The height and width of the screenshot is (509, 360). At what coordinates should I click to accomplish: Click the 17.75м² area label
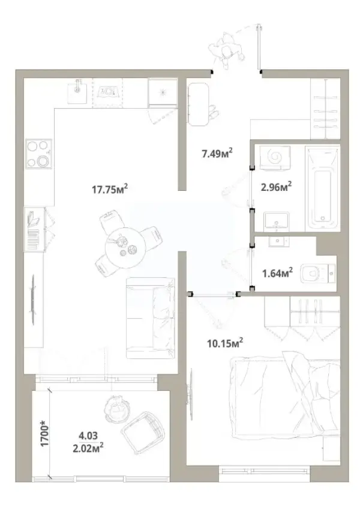pos(110,188)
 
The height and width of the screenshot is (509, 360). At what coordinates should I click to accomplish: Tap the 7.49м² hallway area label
pos(217,153)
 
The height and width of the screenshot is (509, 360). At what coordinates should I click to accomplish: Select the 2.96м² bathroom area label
pos(276,187)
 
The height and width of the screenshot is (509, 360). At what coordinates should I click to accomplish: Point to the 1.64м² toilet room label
pos(278,273)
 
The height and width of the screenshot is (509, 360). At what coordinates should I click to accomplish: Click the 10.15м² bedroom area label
pos(225,343)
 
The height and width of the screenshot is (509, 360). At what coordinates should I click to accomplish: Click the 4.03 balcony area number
pos(88,435)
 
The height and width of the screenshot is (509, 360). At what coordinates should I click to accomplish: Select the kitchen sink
pos(77,91)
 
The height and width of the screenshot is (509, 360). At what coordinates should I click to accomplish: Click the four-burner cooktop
pos(39,154)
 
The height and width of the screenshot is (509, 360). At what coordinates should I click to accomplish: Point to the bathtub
pos(323,188)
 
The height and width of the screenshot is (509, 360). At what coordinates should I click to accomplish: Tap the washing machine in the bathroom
pos(275,157)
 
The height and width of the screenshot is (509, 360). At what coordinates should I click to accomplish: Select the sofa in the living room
pos(150,318)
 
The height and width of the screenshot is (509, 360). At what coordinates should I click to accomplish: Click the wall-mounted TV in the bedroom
pos(189,394)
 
